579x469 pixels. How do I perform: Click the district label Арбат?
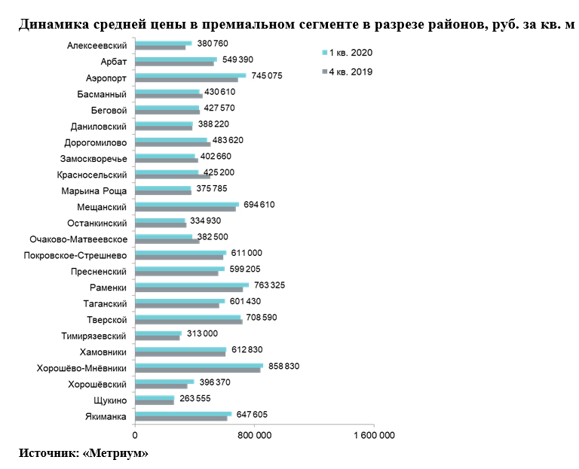point(113,62)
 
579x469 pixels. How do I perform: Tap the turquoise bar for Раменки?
point(191,285)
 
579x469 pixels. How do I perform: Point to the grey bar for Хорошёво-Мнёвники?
point(198,370)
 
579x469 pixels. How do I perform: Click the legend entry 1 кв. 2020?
point(351,53)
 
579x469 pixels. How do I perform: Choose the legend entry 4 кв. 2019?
point(351,72)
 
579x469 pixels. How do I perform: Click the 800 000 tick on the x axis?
point(255,435)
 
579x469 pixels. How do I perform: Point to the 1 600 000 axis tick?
point(373,435)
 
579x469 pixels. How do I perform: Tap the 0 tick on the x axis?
point(135,435)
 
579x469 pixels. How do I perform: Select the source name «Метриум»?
point(116,454)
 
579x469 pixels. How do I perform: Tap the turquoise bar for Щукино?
point(155,397)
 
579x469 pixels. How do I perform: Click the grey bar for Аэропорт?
point(186,79)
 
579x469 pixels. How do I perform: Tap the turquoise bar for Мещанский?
point(187,203)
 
